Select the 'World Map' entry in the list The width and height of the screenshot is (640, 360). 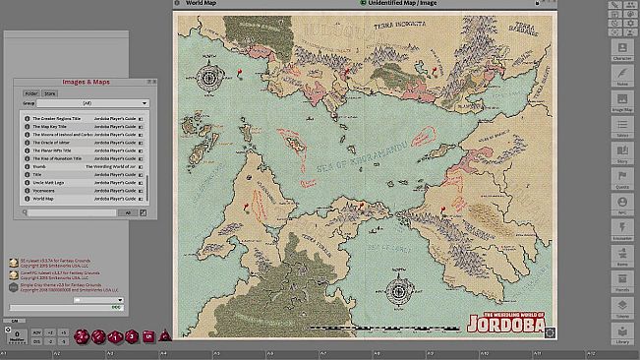tap(42, 199)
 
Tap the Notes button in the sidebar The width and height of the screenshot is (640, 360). tap(621, 76)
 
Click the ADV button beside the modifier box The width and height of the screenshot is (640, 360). tap(36, 332)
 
